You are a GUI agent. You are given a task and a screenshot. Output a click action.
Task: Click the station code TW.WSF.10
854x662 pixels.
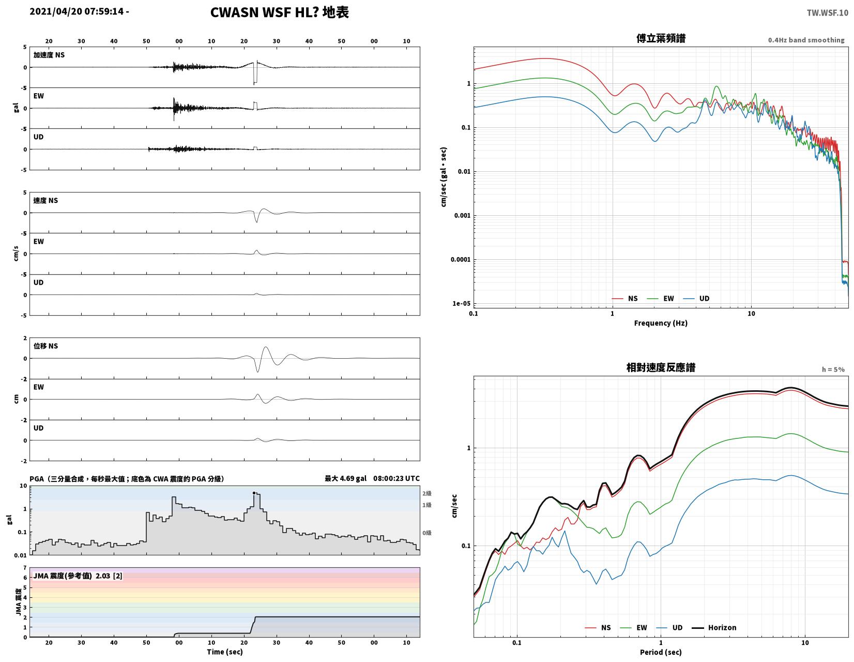point(827,12)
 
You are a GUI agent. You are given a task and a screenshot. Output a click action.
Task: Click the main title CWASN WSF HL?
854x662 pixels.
point(264,12)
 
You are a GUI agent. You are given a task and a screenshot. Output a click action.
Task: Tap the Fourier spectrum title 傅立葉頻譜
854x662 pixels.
point(661,38)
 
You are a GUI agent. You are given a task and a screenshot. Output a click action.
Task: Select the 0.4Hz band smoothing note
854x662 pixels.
point(806,40)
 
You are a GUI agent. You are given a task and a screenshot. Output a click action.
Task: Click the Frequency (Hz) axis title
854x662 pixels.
point(660,323)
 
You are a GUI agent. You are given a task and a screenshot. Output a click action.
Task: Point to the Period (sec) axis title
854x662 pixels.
point(660,652)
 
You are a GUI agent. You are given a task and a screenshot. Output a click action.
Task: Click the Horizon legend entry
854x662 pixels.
point(714,627)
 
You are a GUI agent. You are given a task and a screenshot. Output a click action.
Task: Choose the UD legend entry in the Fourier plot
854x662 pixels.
point(696,299)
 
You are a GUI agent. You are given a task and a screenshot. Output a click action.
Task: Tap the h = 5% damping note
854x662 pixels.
point(833,370)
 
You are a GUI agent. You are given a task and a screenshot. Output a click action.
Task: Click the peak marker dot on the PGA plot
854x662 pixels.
point(254,493)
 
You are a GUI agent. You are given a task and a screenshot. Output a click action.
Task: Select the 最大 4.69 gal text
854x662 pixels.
point(345,478)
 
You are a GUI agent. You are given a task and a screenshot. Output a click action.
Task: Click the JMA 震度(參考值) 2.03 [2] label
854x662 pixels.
point(78,576)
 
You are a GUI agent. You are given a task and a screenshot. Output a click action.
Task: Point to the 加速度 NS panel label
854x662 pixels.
point(49,55)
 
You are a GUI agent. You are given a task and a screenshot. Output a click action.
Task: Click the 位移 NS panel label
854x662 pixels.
point(45,346)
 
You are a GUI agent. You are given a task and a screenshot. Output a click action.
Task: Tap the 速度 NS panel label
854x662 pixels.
point(45,201)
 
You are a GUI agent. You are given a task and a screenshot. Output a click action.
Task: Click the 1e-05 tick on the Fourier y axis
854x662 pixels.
point(461,303)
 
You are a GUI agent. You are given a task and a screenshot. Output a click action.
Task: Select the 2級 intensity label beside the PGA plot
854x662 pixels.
point(427,493)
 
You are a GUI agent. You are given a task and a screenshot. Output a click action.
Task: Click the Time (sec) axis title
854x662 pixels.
point(225,652)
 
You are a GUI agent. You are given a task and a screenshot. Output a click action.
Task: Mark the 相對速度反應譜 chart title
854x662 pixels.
point(661,367)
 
